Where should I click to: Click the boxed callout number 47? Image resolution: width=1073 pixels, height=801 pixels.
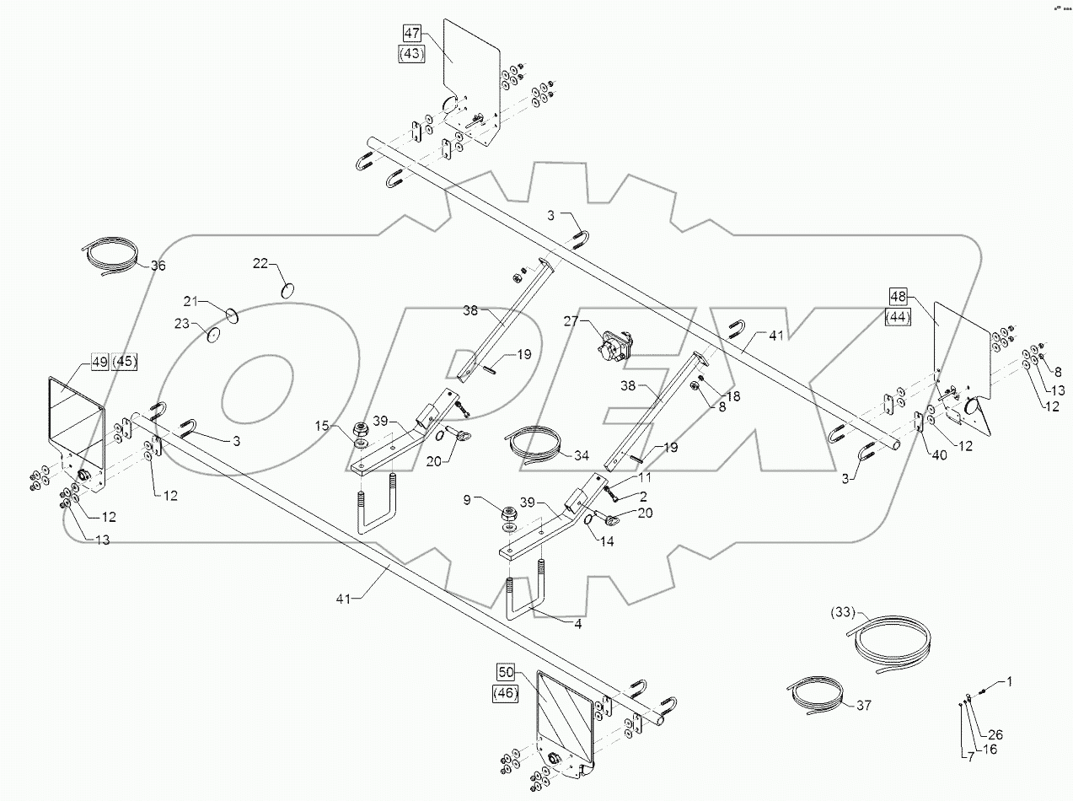click(x=411, y=35)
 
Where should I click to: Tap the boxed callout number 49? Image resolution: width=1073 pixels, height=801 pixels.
click(x=99, y=362)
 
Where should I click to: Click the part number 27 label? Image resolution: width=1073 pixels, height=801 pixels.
click(x=571, y=321)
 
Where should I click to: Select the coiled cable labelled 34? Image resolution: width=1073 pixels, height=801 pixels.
click(x=532, y=444)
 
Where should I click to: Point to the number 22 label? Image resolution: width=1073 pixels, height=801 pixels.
click(x=260, y=264)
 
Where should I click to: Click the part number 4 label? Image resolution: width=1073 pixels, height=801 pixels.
click(x=579, y=626)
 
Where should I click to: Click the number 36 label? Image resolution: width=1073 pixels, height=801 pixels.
click(x=158, y=266)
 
